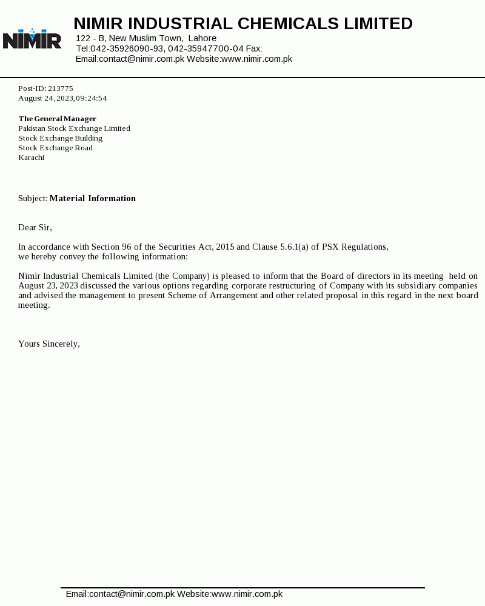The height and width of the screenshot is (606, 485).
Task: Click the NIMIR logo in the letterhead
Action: tap(32, 39)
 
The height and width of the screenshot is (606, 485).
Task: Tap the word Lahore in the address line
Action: tap(202, 38)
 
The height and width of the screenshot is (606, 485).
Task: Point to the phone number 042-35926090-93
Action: tap(127, 48)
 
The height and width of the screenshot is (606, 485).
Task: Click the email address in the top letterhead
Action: tap(141, 59)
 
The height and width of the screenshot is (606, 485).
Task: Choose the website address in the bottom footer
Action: tap(247, 594)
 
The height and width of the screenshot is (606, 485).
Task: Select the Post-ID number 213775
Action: tap(61, 88)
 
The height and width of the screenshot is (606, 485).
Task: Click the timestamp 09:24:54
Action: tap(92, 98)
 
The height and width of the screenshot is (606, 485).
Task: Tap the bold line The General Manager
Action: tap(58, 119)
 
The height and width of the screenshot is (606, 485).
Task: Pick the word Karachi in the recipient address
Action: tap(32, 158)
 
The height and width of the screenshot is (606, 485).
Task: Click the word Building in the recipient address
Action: tap(89, 138)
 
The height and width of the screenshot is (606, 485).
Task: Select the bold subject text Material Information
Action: tap(93, 198)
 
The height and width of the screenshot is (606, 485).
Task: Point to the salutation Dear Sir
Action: tap(35, 227)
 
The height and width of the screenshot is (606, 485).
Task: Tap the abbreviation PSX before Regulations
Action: tap(330, 247)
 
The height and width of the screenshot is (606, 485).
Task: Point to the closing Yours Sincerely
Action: tap(49, 344)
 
